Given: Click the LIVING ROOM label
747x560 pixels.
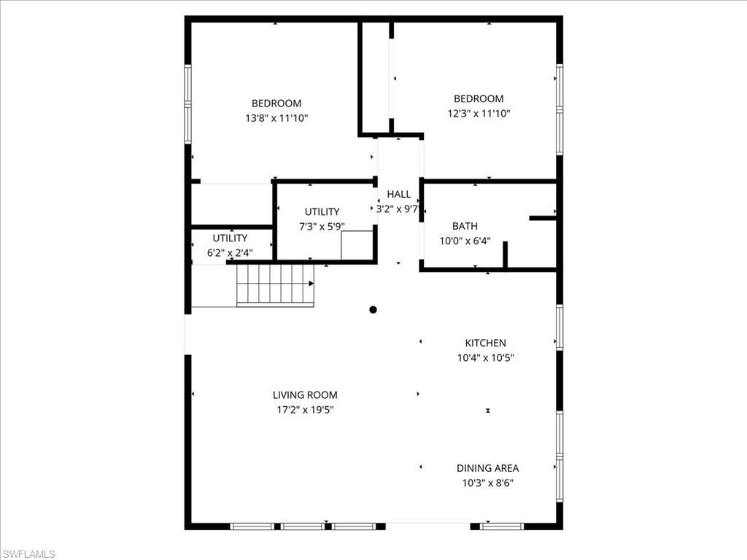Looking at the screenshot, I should (x=305, y=395).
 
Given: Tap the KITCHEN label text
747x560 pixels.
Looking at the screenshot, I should (x=486, y=343).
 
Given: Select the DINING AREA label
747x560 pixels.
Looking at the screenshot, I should (x=487, y=468).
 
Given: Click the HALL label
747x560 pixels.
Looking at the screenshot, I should (x=398, y=194).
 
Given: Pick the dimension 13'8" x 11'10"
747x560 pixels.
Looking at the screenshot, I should (x=276, y=118).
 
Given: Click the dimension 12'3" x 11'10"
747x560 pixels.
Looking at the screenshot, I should (x=479, y=114).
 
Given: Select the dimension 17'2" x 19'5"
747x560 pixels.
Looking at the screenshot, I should (x=305, y=410).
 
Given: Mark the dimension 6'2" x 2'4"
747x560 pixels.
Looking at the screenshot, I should (x=230, y=252).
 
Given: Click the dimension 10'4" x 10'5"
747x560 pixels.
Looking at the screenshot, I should (x=486, y=357).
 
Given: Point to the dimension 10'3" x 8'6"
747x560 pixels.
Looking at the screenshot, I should (x=487, y=483).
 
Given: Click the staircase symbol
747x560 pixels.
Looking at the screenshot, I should (x=275, y=284).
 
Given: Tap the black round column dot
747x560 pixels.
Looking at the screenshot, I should (x=373, y=309).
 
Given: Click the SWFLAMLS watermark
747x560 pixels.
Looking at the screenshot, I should (x=28, y=554).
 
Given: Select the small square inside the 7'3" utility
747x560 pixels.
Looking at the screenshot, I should (x=357, y=245).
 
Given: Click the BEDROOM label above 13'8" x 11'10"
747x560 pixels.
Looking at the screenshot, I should (x=276, y=104).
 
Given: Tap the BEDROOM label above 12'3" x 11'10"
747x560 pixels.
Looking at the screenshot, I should (x=479, y=99).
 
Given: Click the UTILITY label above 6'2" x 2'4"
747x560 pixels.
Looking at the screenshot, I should (x=230, y=238).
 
